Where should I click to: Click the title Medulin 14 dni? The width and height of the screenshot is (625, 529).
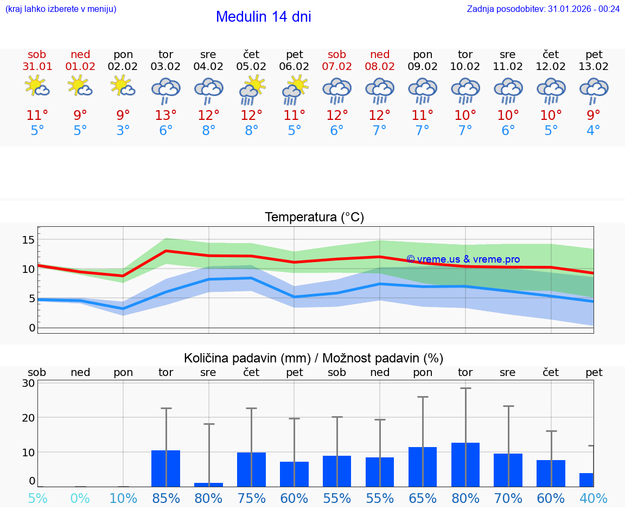pyautogui.click(x=263, y=17)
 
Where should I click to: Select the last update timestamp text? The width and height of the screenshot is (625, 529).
pyautogui.click(x=543, y=9)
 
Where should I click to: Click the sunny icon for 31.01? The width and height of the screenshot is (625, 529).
pyautogui.click(x=37, y=86)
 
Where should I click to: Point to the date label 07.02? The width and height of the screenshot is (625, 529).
pyautogui.click(x=337, y=67)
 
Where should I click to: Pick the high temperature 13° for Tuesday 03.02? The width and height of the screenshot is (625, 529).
pyautogui.click(x=166, y=116)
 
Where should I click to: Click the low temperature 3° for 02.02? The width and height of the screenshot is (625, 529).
pyautogui.click(x=123, y=131)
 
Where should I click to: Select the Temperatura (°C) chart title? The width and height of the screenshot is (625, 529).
pyautogui.click(x=314, y=218)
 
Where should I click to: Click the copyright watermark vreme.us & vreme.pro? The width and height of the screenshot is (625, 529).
pyautogui.click(x=463, y=259)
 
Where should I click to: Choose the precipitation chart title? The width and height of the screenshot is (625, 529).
pyautogui.click(x=314, y=358)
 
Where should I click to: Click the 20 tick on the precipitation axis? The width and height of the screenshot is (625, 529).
pyautogui.click(x=29, y=417)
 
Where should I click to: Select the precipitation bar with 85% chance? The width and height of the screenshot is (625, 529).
pyautogui.click(x=166, y=468)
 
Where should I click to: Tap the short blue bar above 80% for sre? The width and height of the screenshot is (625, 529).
pyautogui.click(x=209, y=485)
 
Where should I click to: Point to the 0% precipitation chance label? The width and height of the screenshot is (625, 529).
pyautogui.click(x=80, y=498)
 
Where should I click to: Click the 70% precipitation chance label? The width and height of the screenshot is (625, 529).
pyautogui.click(x=508, y=498)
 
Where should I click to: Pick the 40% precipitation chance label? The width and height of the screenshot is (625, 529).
pyautogui.click(x=593, y=498)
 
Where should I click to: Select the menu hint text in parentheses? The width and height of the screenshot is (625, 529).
pyautogui.click(x=61, y=9)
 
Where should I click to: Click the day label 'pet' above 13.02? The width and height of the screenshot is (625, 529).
pyautogui.click(x=594, y=55)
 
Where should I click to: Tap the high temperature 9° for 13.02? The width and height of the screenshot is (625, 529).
pyautogui.click(x=594, y=116)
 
